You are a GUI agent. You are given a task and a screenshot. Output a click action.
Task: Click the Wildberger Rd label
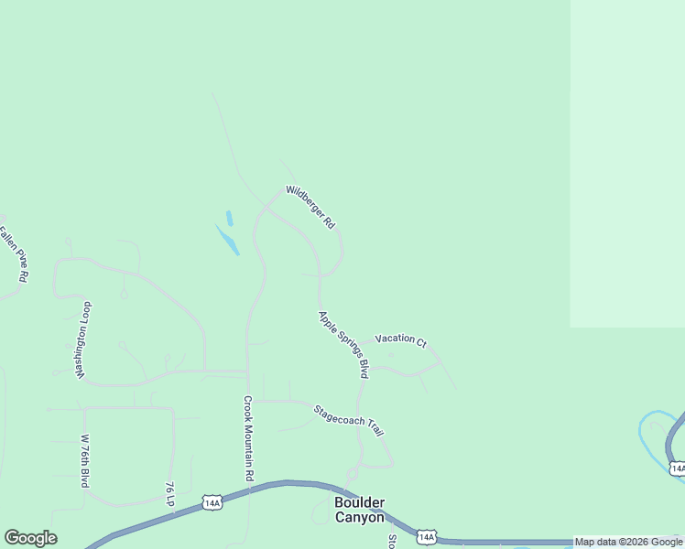click(310, 207)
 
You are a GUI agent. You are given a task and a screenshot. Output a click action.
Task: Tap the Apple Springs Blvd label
click(343, 345)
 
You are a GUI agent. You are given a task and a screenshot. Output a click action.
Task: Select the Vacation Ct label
click(400, 340)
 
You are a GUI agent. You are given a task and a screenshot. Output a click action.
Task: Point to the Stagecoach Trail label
click(348, 420)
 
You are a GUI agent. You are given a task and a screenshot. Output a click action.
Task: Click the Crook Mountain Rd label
click(248, 438)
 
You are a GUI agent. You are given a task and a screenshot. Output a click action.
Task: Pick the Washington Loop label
click(84, 339)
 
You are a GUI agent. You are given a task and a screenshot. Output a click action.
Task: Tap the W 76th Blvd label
click(84, 459)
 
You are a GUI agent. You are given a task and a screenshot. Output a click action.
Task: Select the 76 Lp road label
click(169, 493)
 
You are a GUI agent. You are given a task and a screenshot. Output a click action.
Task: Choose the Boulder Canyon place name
click(359, 510)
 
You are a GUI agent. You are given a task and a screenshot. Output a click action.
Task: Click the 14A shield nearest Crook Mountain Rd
click(212, 502)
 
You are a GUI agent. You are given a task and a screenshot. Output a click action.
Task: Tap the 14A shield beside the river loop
click(677, 468)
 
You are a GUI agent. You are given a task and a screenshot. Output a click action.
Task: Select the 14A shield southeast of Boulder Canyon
click(426, 537)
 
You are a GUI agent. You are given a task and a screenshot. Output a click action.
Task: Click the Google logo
click(30, 538)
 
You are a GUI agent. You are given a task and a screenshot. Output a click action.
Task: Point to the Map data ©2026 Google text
click(629, 543)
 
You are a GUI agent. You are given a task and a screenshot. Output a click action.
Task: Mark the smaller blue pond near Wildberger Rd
click(229, 218)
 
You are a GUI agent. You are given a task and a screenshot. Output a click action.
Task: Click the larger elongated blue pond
click(227, 240)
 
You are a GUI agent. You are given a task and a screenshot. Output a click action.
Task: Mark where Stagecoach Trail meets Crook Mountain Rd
click(248, 400)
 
